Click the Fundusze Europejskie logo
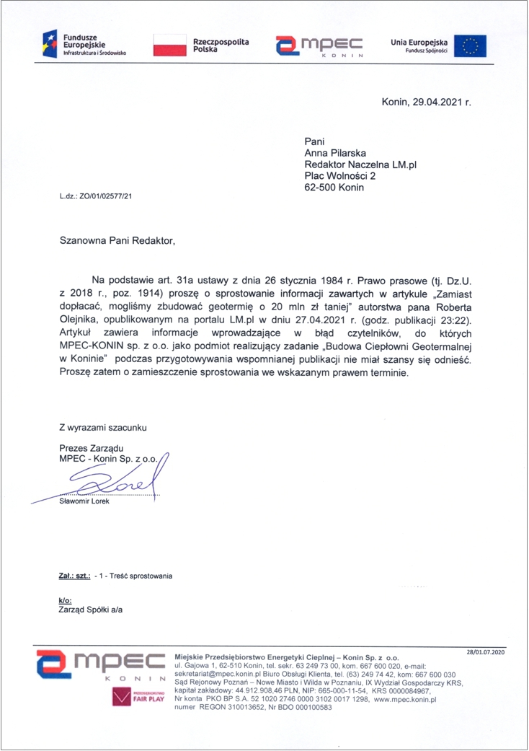pyautogui.click(x=84, y=45)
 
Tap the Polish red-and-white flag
pyautogui.click(x=169, y=45)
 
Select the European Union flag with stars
pyautogui.click(x=470, y=45)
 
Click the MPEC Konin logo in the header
pyautogui.click(x=317, y=45)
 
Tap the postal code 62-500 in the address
pyautogui.click(x=321, y=188)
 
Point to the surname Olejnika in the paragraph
pyautogui.click(x=77, y=320)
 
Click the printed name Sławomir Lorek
pyautogui.click(x=84, y=501)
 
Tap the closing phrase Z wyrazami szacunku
pyautogui.click(x=102, y=428)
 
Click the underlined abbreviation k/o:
pyautogui.click(x=65, y=600)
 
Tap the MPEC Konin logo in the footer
pyautogui.click(x=101, y=666)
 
